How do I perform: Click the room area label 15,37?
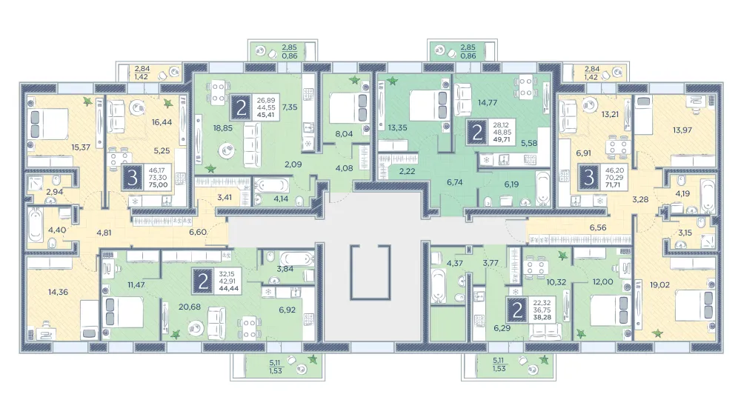pyautogui.click(x=81, y=147)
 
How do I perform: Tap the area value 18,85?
pyautogui.click(x=222, y=128)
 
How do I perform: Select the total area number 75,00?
pyautogui.click(x=158, y=184)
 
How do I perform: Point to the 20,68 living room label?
pyautogui.click(x=190, y=307)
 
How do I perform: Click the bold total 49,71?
pyautogui.click(x=502, y=140)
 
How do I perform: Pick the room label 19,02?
pyautogui.click(x=659, y=284)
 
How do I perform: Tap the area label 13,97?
pyautogui.click(x=682, y=130)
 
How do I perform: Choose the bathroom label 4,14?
pyautogui.click(x=280, y=199)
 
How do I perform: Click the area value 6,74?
pyautogui.click(x=455, y=182)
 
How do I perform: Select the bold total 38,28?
pyautogui.click(x=542, y=317)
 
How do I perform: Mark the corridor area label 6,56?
pyautogui.click(x=598, y=227)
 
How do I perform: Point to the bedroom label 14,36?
pyautogui.click(x=58, y=293)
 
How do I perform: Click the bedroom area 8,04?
pyautogui.click(x=344, y=133)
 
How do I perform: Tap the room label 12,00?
pyautogui.click(x=603, y=281)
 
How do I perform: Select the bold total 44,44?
pyautogui.click(x=228, y=288)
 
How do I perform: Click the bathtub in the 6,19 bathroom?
pyautogui.click(x=543, y=188)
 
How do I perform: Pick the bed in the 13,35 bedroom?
pyautogui.click(x=428, y=106)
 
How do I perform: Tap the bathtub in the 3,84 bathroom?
pyautogui.click(x=297, y=259)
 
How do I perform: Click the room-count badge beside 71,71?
pyautogui.click(x=589, y=178)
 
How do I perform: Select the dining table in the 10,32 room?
pyautogui.click(x=536, y=268)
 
